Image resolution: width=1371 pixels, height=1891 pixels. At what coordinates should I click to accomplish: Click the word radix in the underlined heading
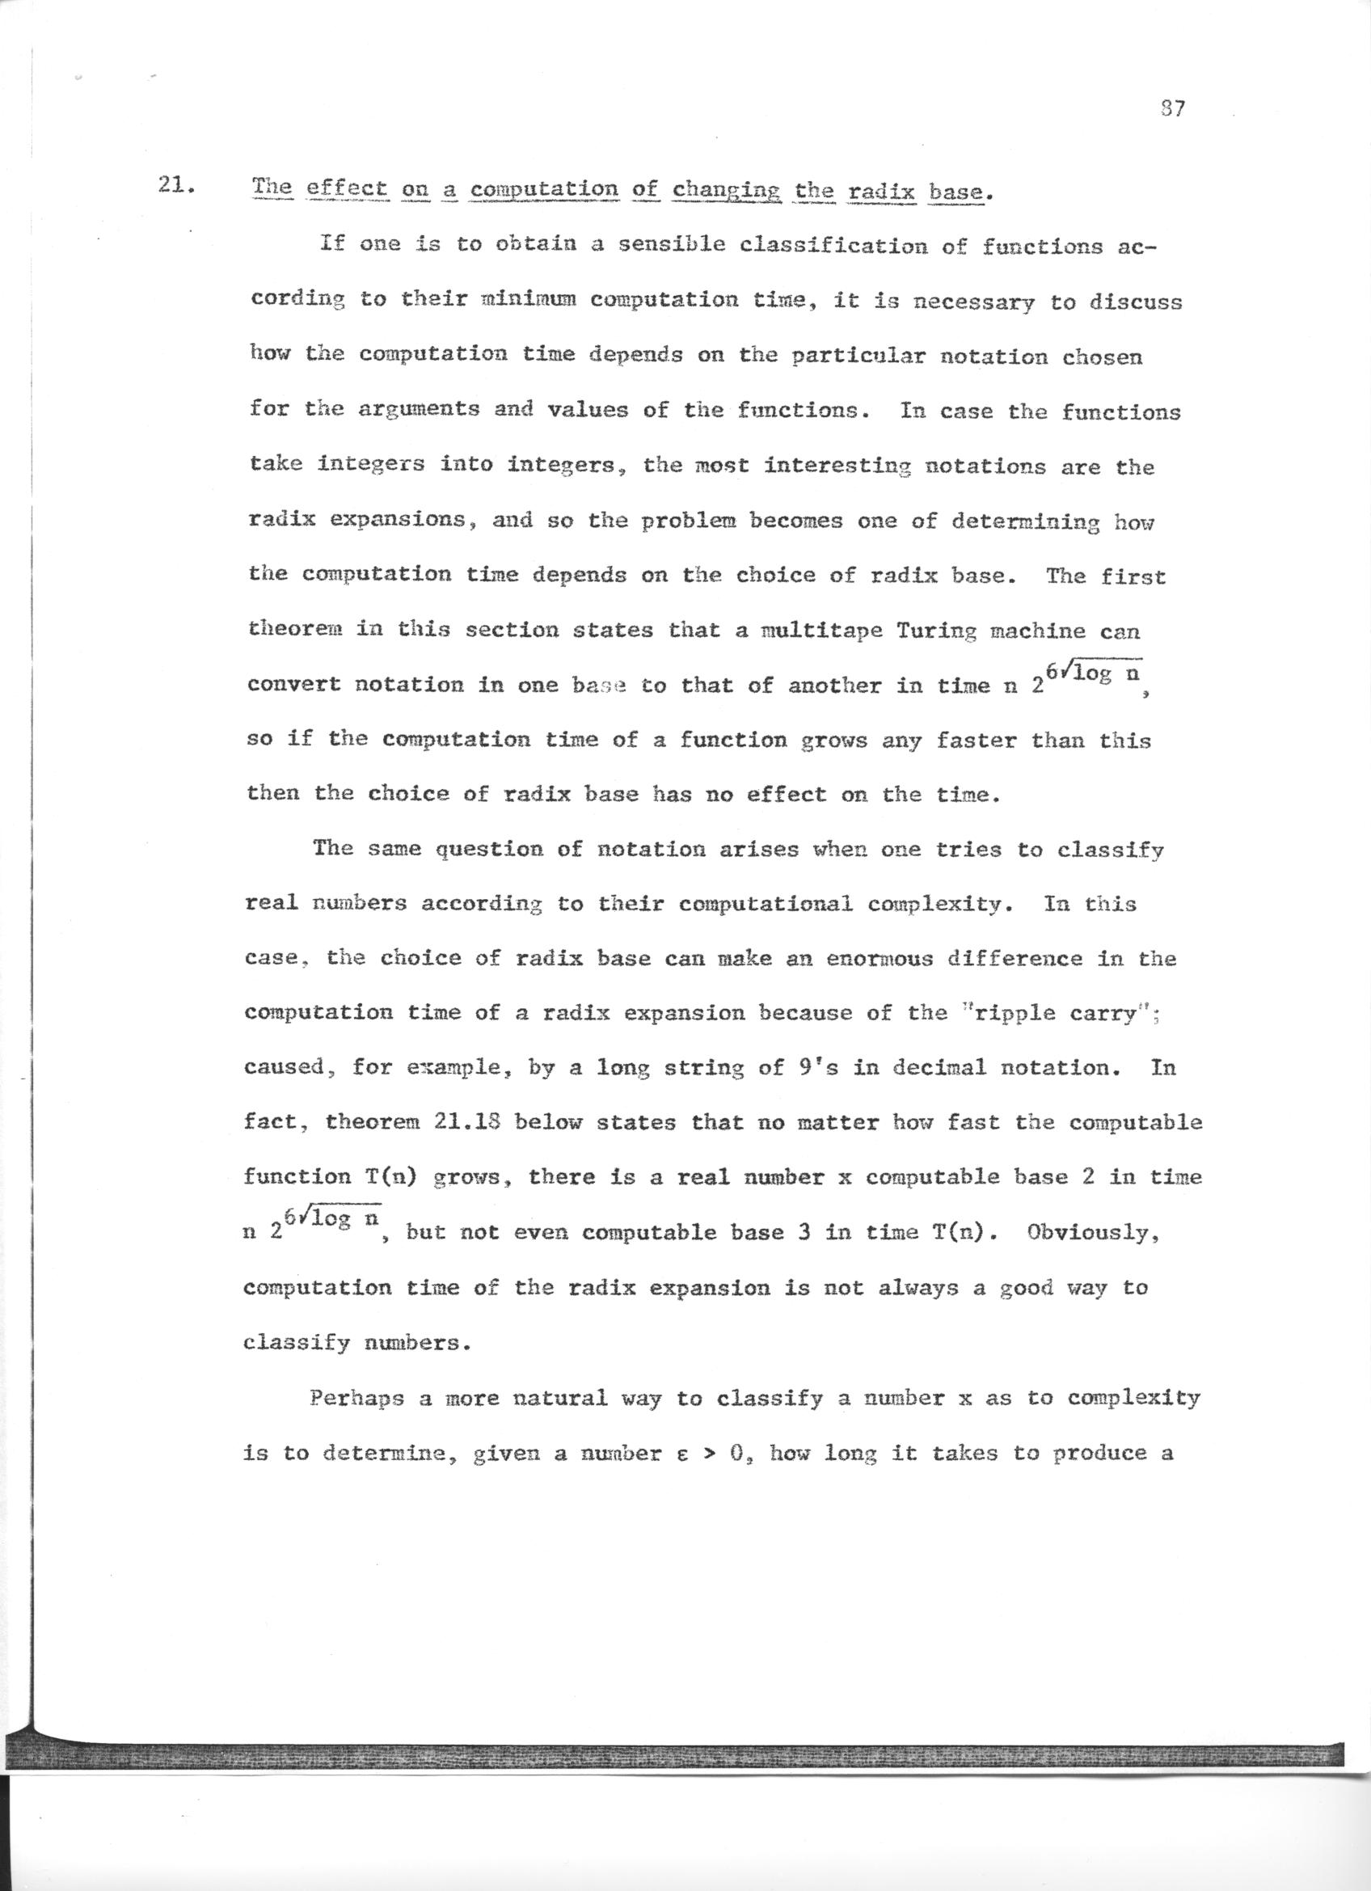[x=882, y=193]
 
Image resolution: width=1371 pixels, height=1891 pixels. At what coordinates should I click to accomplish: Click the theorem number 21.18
[x=466, y=1122]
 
